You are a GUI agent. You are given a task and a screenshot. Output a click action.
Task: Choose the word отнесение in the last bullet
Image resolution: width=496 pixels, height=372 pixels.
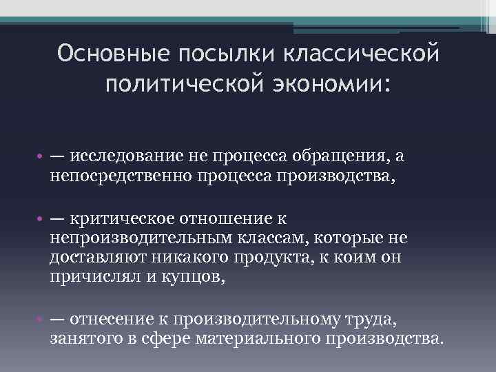pos(110,320)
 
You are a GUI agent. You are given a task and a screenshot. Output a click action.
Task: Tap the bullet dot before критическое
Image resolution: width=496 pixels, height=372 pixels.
pos(40,219)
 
